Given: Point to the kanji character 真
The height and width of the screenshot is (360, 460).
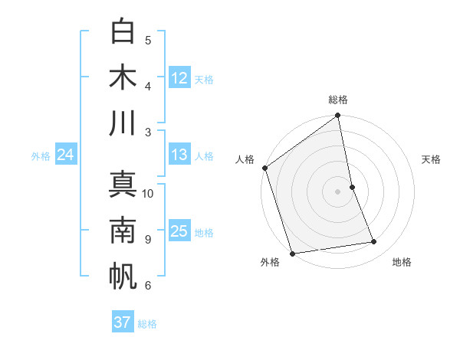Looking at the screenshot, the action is point(123,184).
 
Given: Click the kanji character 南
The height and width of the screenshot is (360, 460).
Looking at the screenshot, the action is point(123,230).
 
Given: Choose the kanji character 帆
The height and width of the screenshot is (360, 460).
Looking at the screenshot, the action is point(123,277).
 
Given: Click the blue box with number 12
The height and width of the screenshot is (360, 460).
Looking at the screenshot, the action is point(179,77).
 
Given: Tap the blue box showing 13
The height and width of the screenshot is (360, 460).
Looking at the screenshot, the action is point(179,155).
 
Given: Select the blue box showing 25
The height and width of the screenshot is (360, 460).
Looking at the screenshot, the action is point(179,231).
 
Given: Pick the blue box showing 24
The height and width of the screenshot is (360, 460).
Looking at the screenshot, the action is point(66,155).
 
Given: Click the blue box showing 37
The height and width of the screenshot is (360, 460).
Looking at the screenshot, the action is point(123,322).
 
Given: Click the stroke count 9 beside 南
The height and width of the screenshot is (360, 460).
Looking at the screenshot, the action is point(148,239).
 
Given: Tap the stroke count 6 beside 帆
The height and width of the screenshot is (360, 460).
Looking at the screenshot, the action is point(148,286).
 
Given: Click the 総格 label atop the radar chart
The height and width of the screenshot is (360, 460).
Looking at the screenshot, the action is point(338,100).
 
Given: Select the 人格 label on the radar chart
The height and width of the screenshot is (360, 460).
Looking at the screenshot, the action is point(245,159).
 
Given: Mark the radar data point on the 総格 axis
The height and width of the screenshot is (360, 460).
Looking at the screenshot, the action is point(338,116).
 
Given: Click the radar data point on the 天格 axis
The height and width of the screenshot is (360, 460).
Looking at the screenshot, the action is point(352,187).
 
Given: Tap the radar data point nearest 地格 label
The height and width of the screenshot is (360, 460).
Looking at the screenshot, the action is point(374,242).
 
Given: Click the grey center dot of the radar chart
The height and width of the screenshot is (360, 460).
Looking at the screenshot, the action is point(338,191).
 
